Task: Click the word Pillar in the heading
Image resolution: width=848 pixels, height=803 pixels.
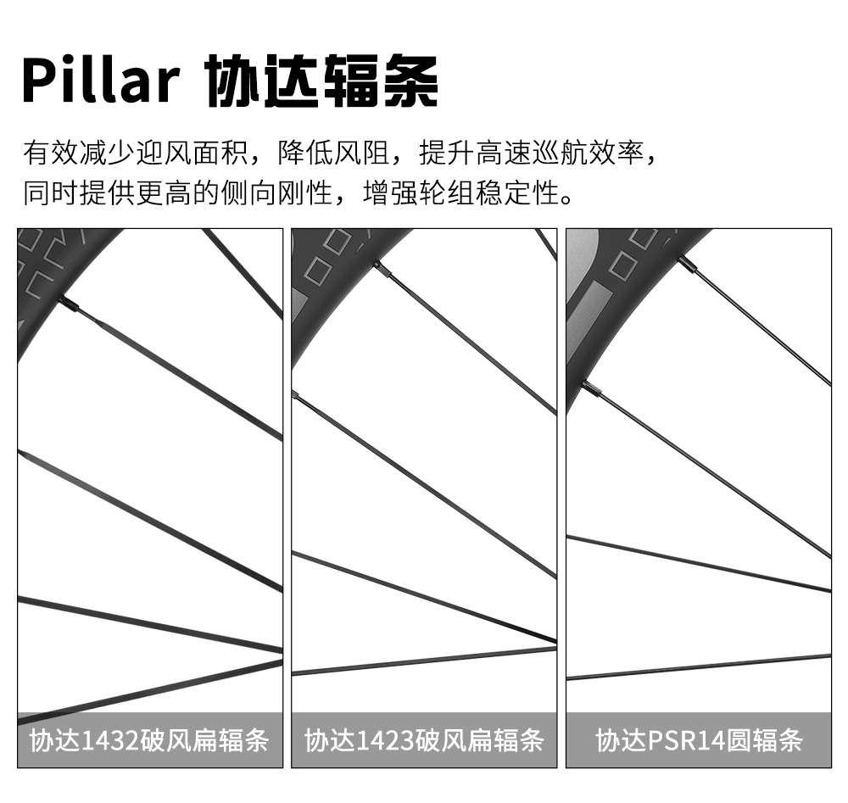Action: click(x=100, y=81)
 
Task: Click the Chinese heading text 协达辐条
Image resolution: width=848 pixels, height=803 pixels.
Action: click(x=322, y=82)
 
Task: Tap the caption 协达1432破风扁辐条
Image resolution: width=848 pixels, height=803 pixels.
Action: click(x=149, y=740)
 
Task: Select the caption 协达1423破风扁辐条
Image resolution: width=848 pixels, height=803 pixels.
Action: click(x=424, y=740)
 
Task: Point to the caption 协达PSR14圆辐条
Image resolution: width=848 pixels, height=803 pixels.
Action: click(x=699, y=740)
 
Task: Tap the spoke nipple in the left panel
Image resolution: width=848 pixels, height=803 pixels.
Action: click(x=70, y=304)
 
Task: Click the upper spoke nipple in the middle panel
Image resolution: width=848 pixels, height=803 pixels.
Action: click(x=381, y=268)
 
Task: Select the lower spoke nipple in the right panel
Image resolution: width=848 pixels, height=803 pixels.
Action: click(x=591, y=388)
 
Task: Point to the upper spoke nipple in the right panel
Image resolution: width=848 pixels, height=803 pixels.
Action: click(x=687, y=265)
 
